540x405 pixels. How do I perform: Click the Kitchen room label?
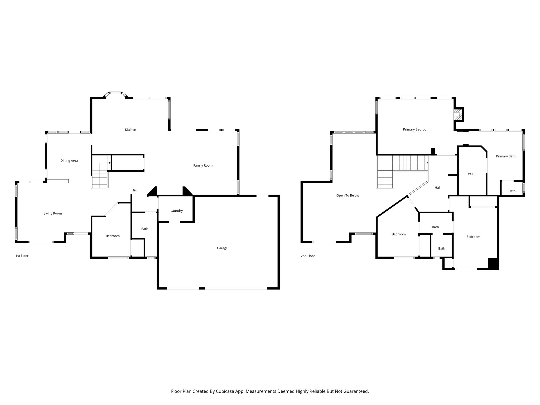coord(130,130)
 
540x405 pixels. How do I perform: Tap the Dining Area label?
coord(69,161)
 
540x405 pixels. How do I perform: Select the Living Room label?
coord(53,213)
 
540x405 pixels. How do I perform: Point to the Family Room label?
coord(203,166)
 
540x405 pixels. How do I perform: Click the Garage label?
coord(222,248)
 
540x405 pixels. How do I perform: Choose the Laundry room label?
coord(176,211)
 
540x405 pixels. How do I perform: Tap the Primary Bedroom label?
coord(416,129)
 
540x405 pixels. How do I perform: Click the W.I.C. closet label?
coord(472,174)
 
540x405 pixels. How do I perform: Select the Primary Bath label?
coord(505,156)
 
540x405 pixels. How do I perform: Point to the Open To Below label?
coord(348,195)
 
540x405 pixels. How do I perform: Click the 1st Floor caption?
coord(22,256)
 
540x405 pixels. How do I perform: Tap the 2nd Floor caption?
coord(308,256)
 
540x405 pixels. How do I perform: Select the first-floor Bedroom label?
coord(113,236)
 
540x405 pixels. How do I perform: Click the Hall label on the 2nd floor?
coord(437,188)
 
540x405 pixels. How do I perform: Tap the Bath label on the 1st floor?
coord(144,229)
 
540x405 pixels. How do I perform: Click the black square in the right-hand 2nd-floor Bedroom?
coord(493,263)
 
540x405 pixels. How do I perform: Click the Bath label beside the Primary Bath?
coord(512,191)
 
